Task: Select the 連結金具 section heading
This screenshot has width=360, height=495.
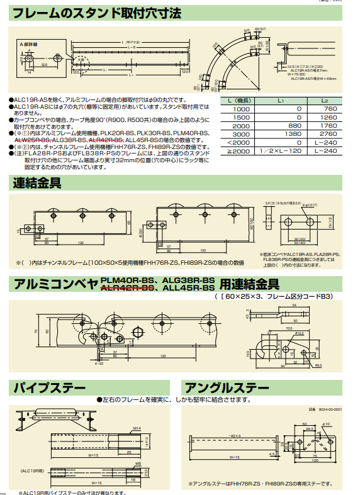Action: pos(38,184)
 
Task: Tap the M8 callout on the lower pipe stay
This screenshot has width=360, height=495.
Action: pos(137,464)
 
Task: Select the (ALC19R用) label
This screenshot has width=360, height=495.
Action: pos(31,469)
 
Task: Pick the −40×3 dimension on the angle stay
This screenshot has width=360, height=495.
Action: pos(233,435)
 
